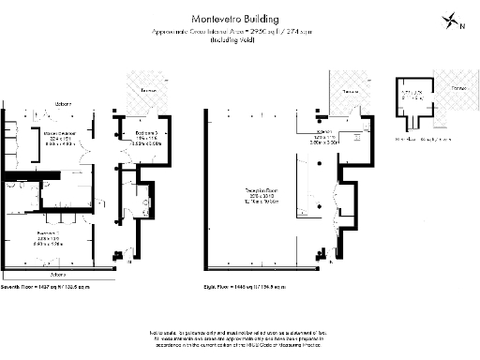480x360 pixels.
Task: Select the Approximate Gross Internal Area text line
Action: coord(240,32)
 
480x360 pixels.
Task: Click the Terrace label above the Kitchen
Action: coord(350,93)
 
